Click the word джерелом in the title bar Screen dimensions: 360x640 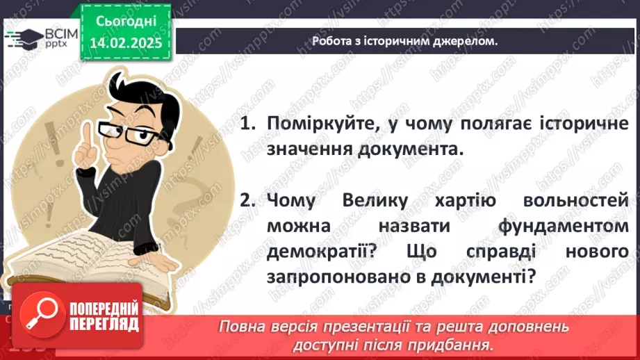coord(467,42)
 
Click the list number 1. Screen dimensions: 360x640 coord(246,124)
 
